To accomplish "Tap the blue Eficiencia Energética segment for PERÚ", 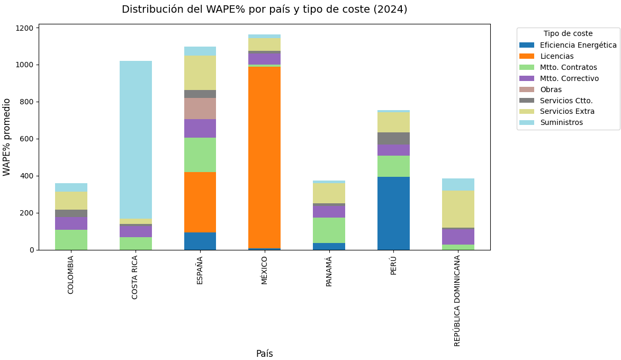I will coord(393,213).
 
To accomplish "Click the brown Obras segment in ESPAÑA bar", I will coord(200,109).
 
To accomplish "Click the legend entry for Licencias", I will coord(556,56).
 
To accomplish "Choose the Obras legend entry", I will coord(551,89).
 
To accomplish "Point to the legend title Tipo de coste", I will coord(568,34).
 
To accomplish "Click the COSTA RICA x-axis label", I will coord(135,277).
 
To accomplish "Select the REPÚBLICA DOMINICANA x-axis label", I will coord(457,300).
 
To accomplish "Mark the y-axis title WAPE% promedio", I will coord(7,137).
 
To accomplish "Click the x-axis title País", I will coord(264,354).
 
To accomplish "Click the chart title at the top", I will coord(264,10).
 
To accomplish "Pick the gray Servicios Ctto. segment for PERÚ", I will coord(393,139).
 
